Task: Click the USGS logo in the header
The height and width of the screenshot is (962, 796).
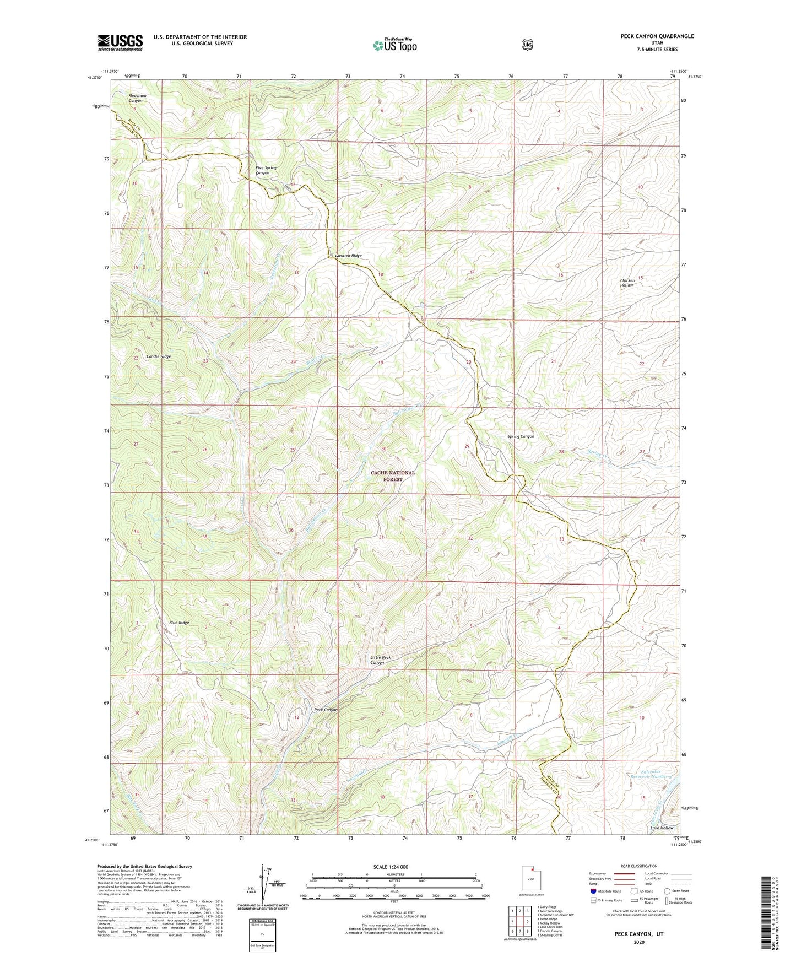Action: [x=120, y=42]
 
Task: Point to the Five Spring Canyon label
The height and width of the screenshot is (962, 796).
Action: [x=266, y=170]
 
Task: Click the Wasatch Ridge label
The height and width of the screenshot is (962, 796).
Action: [x=348, y=256]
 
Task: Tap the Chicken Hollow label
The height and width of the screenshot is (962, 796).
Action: [x=627, y=283]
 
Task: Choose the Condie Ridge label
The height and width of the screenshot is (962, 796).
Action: [x=159, y=356]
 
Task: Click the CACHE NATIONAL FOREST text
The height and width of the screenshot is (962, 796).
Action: [x=393, y=476]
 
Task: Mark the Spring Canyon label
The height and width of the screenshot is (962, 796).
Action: [x=521, y=436]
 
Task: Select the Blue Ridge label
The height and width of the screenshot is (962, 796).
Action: [x=179, y=623]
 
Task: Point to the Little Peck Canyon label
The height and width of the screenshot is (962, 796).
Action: [x=381, y=660]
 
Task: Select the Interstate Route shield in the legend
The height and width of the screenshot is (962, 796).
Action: [x=593, y=891]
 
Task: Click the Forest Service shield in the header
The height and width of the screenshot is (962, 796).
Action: [x=527, y=44]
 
